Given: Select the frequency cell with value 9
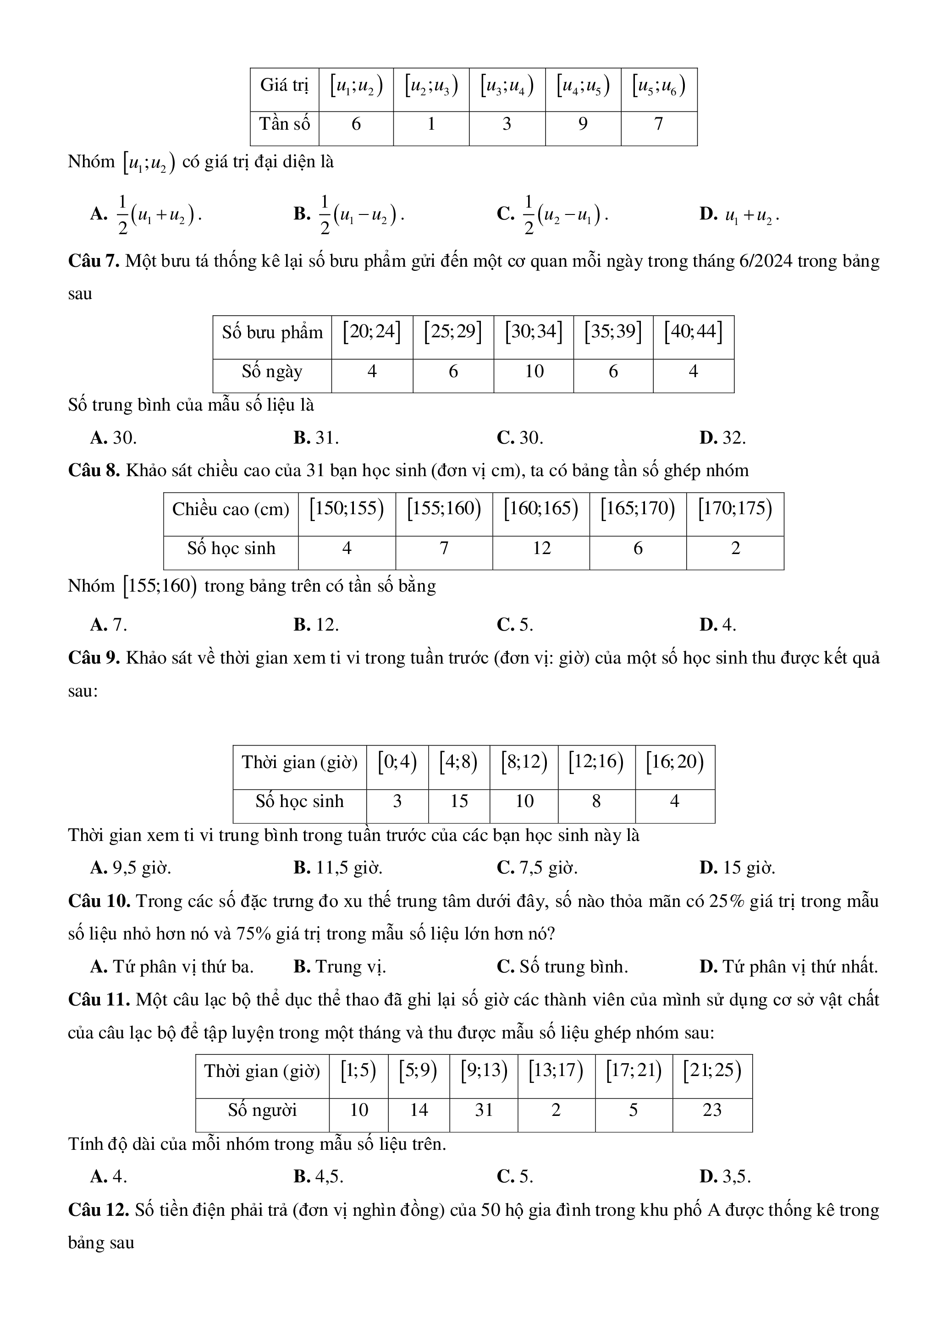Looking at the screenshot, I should click(x=583, y=124).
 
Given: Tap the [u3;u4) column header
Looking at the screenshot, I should click(x=507, y=86).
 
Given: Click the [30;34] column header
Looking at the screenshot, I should click(x=534, y=332).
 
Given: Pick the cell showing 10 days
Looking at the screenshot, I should click(x=534, y=372).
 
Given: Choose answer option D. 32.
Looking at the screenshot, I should click(x=722, y=438).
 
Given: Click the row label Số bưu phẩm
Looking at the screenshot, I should click(x=272, y=333).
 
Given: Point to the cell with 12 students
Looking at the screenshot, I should click(x=541, y=549).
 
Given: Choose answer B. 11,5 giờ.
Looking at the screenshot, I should click(x=338, y=868).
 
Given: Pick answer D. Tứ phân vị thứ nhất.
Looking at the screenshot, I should click(x=788, y=967).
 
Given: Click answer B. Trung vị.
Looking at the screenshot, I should click(x=340, y=967).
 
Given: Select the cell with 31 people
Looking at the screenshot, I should click(x=483, y=1110).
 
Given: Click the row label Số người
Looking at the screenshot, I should click(x=262, y=1110).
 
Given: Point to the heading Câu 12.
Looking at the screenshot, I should click(x=98, y=1210).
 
